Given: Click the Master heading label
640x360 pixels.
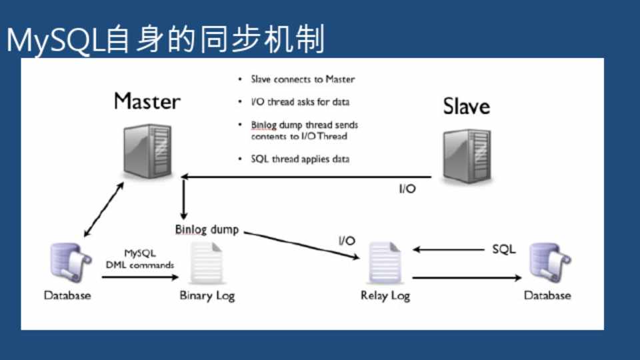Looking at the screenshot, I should tap(147, 101).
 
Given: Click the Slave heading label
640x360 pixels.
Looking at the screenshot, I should tap(466, 107).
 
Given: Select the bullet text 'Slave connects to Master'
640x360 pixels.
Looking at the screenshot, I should tap(303, 79).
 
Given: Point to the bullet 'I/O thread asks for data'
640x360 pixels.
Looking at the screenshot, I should tap(299, 102).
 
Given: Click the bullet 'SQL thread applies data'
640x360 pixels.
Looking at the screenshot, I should tap(299, 159).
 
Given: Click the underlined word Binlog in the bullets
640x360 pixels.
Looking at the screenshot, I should tap(263, 125).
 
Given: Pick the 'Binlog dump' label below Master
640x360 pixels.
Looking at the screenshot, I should tap(207, 229).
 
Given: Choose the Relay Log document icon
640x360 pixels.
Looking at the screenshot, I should tap(385, 263).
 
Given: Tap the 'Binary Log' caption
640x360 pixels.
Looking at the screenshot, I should tap(207, 295).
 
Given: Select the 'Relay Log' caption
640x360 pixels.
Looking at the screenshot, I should tap(385, 295).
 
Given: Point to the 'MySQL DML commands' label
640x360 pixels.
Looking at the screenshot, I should tap(140, 259).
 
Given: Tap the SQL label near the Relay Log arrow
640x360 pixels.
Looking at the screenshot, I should tap(503, 250).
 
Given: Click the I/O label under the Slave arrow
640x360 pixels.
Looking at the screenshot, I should tap(407, 189).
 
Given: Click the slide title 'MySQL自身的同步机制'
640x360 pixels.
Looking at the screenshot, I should tap(165, 40).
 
